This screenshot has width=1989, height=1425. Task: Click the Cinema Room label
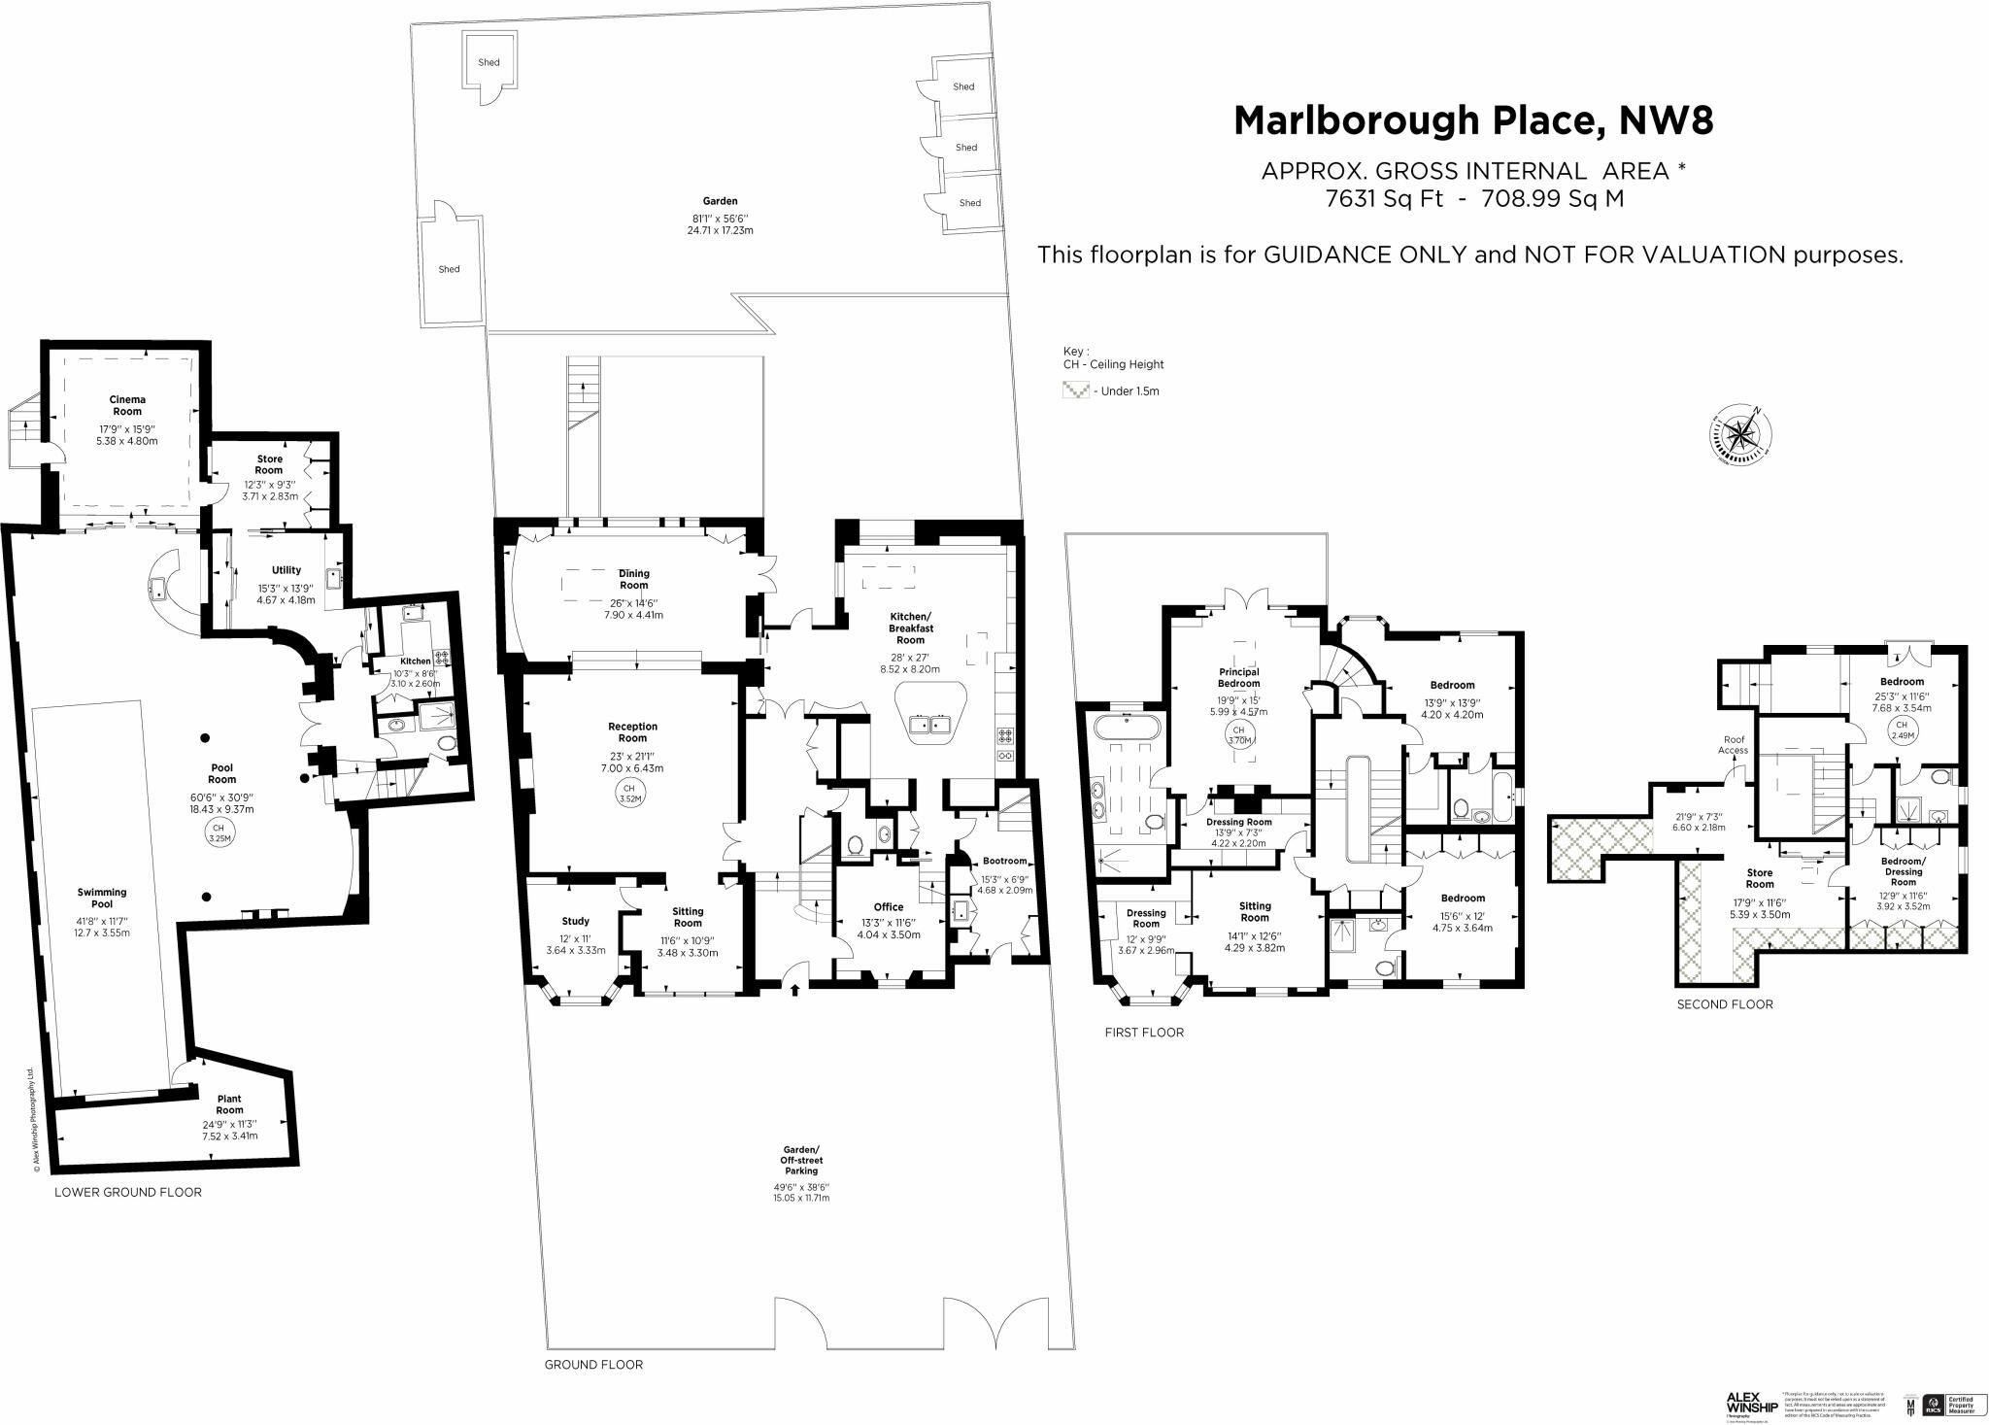(x=127, y=405)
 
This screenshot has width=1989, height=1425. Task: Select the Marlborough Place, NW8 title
(x=1472, y=120)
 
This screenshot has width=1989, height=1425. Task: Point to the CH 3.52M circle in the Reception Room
(x=628, y=794)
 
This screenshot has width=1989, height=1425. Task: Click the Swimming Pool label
(x=102, y=898)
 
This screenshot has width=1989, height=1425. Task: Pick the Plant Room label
(x=229, y=1104)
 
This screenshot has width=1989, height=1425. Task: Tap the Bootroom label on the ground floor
(x=1004, y=861)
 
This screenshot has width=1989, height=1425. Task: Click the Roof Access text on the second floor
(x=1734, y=745)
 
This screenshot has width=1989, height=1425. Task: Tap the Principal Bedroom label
(x=1239, y=677)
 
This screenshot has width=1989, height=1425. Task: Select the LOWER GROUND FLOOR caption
(x=128, y=1192)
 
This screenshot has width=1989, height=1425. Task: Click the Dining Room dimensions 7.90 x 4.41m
(x=633, y=615)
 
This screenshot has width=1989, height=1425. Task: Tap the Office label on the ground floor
(x=888, y=907)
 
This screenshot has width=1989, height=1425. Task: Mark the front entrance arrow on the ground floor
(x=795, y=990)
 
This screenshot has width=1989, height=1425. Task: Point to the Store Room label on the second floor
(x=1759, y=878)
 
